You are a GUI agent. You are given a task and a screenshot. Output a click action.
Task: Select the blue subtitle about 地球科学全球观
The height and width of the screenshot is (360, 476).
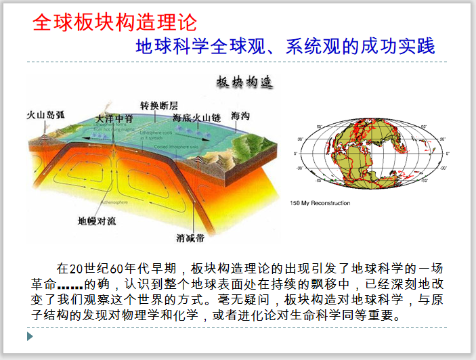285,47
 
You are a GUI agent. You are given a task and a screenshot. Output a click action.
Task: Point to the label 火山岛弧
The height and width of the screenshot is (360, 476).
45,114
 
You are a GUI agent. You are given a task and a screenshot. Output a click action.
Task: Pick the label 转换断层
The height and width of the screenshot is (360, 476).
159,106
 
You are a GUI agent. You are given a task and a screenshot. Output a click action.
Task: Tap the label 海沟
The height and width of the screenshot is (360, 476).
240,116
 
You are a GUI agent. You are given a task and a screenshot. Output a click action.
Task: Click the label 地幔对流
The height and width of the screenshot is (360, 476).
100,221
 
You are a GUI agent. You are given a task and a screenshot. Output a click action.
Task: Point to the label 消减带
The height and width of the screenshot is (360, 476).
192,238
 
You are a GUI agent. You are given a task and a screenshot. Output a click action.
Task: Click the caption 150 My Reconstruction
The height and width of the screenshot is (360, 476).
320,203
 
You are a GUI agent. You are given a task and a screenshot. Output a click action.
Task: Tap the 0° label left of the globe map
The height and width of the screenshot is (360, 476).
295,154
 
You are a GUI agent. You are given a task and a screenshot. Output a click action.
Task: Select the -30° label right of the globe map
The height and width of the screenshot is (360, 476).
443,168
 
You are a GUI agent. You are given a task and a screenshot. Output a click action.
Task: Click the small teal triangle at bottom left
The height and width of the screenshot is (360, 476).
30,336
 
